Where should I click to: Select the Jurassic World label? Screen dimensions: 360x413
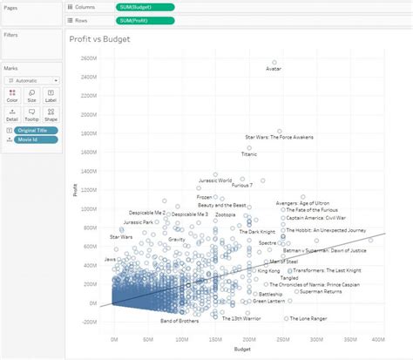[213, 180]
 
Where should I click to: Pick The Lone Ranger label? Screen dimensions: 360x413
[309, 318]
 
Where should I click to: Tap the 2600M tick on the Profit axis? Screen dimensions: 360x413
[85, 58]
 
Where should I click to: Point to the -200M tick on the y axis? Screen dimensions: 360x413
[85, 321]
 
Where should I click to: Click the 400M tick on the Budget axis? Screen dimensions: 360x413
[377, 338]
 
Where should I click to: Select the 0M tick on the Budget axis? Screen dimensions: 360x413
[114, 338]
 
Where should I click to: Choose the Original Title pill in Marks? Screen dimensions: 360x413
[35, 130]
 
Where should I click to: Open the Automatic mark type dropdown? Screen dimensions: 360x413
[32, 79]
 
